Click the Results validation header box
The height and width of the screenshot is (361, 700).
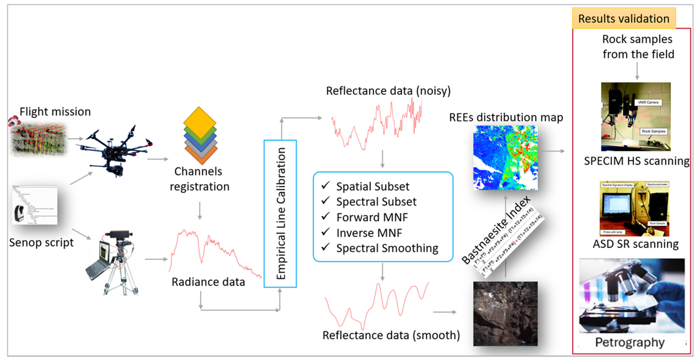tap(624, 19)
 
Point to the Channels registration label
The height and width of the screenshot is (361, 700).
tap(199, 179)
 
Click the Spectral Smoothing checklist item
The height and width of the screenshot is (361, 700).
tap(387, 248)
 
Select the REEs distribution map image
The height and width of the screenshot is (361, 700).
tap(505, 158)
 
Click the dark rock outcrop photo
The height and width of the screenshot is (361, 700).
tap(505, 314)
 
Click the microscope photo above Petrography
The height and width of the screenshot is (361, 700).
tap(632, 296)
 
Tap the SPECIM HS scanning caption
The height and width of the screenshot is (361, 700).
tap(636, 161)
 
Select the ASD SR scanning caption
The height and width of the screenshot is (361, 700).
tap(636, 244)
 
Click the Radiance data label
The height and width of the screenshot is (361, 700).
tap(208, 282)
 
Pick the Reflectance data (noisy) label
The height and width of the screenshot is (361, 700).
tap(388, 91)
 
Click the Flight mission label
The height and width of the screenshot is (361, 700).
tap(55, 112)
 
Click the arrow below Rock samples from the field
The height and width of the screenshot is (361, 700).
tap(637, 71)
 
